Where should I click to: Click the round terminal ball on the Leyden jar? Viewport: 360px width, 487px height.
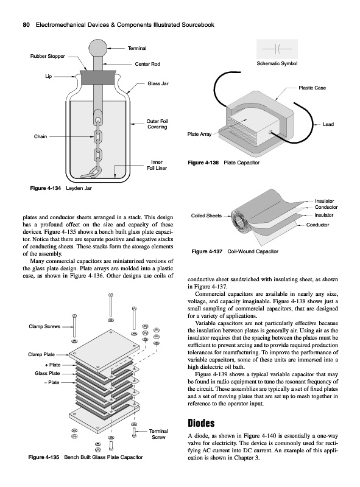[97, 48]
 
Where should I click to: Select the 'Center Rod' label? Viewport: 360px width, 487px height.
[147, 64]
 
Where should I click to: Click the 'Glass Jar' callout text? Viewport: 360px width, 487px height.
[158, 83]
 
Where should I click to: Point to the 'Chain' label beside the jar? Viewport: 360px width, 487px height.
[40, 136]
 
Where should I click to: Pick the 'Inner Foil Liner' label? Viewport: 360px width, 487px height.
[157, 165]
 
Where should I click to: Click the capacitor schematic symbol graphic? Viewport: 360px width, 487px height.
[277, 49]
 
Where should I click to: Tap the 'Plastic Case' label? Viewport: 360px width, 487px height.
[312, 88]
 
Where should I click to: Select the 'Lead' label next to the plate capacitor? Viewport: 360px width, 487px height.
[328, 124]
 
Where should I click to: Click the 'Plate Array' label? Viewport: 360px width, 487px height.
[199, 134]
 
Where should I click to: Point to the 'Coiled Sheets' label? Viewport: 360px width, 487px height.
[206, 215]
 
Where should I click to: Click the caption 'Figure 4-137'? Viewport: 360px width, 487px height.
[206, 251]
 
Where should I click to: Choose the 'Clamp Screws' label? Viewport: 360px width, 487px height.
[44, 326]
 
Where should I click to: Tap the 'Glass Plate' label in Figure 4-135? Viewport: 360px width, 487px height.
[48, 373]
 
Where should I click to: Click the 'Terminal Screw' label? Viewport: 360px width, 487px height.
[158, 434]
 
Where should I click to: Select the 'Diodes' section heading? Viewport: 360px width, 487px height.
[201, 423]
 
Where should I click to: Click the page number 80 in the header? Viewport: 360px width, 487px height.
[26, 25]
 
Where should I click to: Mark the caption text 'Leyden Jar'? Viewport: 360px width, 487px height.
[79, 188]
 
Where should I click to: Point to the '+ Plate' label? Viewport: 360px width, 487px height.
[53, 365]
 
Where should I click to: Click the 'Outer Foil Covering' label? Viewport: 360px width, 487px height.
[157, 124]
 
